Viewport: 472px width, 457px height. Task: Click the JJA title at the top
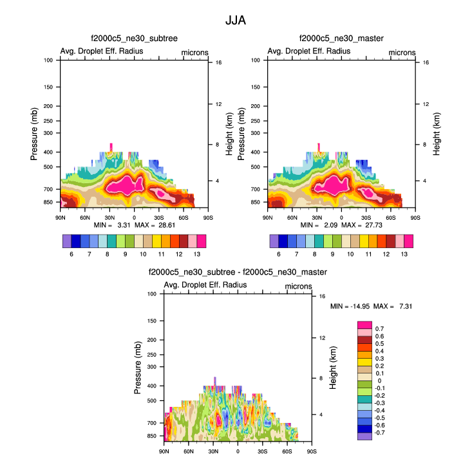pyautogui.click(x=236, y=20)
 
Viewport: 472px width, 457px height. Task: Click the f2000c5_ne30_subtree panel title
pyautogui.click(x=134, y=39)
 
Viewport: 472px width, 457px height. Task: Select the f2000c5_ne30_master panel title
pyautogui.click(x=341, y=39)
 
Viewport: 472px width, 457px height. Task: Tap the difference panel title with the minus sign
pyautogui.click(x=237, y=273)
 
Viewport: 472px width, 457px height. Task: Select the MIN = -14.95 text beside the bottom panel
pyautogui.click(x=348, y=306)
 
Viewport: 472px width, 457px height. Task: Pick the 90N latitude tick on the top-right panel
pyautogui.click(x=268, y=217)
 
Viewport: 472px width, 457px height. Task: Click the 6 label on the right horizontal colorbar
pyautogui.click(x=279, y=255)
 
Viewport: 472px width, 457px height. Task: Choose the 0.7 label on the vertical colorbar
pyautogui.click(x=379, y=328)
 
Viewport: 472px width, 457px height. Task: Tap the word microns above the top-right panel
pyautogui.click(x=402, y=51)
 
